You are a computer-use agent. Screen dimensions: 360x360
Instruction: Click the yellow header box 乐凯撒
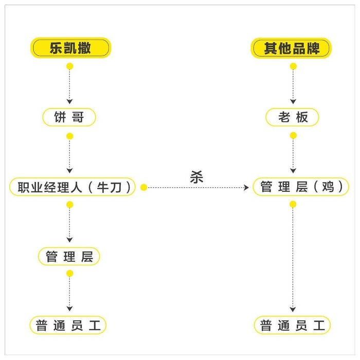click(x=71, y=48)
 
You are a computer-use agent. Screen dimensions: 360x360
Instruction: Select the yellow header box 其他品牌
click(x=291, y=48)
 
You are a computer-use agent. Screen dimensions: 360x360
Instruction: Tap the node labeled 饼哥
click(x=69, y=117)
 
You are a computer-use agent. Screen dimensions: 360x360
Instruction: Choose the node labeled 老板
click(x=292, y=117)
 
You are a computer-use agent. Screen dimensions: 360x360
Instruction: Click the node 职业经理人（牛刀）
click(x=73, y=187)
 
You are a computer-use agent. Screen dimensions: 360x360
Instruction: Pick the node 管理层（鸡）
click(x=301, y=187)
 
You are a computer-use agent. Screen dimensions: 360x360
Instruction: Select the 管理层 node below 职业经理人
click(x=69, y=256)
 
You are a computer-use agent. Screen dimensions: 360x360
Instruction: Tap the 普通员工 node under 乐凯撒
click(x=68, y=325)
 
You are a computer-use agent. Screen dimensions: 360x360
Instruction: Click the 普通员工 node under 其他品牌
click(x=292, y=325)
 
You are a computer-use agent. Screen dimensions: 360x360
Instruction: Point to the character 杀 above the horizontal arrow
click(x=196, y=177)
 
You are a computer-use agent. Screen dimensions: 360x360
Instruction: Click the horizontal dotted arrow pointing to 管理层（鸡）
click(x=199, y=188)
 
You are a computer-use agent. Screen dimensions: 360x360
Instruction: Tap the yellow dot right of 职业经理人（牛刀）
click(x=143, y=187)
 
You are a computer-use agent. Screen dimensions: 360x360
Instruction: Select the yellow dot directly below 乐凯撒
click(x=70, y=66)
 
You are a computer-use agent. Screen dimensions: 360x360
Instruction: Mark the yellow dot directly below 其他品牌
click(x=293, y=66)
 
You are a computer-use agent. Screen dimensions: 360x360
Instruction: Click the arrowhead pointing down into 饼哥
click(x=69, y=101)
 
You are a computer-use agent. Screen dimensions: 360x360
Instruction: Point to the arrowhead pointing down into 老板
click(x=293, y=101)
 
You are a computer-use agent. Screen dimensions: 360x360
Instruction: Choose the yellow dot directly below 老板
click(x=293, y=135)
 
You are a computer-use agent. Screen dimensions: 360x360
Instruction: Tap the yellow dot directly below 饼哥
click(x=70, y=136)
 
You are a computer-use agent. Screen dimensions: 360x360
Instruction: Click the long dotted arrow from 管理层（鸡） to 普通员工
click(x=293, y=260)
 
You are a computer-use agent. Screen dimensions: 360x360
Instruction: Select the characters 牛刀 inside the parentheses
click(x=109, y=187)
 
